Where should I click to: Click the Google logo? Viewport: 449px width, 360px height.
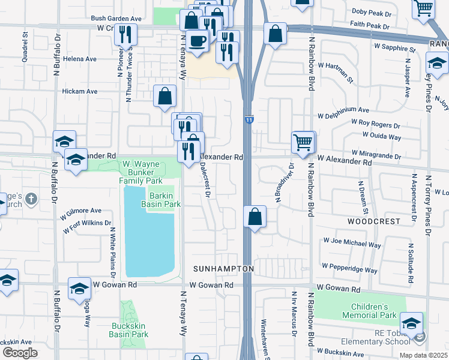[20, 353]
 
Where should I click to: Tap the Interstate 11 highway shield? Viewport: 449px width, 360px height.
[249, 120]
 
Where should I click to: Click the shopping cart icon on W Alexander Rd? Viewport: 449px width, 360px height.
[303, 142]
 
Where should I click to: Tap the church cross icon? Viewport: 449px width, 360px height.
[32, 199]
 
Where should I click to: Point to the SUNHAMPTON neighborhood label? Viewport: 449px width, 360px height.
[224, 268]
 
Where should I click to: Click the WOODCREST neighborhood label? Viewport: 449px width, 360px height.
[373, 221]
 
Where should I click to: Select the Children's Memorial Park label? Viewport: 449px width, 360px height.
[370, 311]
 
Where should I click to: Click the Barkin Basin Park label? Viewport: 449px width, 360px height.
[160, 199]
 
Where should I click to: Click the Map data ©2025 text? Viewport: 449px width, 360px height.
[423, 355]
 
